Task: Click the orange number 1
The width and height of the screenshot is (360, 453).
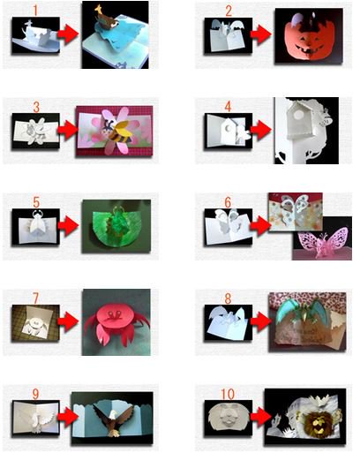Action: [34, 11]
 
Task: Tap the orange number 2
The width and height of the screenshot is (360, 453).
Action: [229, 11]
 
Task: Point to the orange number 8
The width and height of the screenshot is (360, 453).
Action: [228, 287]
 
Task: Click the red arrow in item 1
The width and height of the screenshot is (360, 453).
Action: [67, 35]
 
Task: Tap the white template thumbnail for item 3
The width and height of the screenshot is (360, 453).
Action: [35, 131]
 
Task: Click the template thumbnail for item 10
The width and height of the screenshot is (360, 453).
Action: [227, 414]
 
